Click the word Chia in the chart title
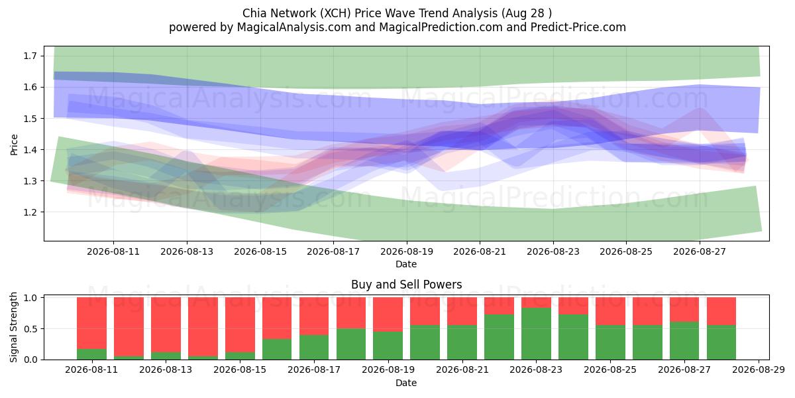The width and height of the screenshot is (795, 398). [x=254, y=13]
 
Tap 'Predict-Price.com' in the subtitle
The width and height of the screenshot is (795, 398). [x=578, y=27]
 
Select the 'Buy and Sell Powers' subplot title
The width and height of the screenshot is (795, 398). [x=406, y=285]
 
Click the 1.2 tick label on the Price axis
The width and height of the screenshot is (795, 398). [x=30, y=212]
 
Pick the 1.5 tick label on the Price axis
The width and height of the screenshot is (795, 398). [x=30, y=118]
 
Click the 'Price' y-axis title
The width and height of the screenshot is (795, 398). [x=14, y=145]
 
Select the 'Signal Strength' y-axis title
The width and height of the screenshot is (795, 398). [x=13, y=327]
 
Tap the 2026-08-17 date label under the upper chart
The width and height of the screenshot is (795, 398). [x=333, y=251]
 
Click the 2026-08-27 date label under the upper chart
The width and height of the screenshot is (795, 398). [x=700, y=251]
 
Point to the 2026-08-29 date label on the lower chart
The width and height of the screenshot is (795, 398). [x=759, y=369]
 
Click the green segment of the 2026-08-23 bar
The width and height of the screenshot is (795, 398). [x=536, y=334]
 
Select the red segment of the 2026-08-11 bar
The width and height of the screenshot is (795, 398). [x=91, y=323]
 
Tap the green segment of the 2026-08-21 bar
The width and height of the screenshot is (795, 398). [x=462, y=342]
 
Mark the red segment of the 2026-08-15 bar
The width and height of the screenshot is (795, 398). [x=240, y=324]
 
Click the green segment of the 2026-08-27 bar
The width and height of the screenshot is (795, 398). [x=684, y=341]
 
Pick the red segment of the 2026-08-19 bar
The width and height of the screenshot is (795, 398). [x=388, y=314]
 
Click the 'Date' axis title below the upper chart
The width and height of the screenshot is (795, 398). [x=406, y=264]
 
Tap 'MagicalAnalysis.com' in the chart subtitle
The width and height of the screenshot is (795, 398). [x=294, y=27]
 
